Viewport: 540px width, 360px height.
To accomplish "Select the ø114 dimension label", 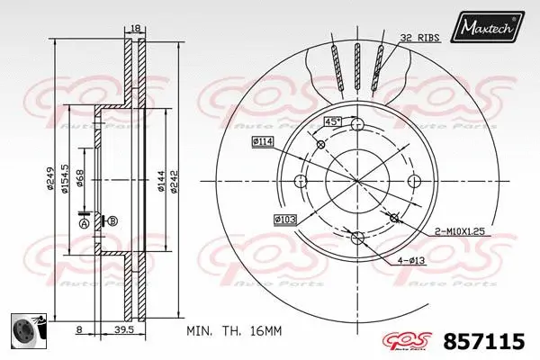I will point(263,141).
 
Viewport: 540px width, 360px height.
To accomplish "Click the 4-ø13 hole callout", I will point(412,262).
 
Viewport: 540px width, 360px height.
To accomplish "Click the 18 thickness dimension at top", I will point(136,29).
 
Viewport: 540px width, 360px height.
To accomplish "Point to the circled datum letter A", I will point(84,223).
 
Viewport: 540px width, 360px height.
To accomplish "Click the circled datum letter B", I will point(113,220).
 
